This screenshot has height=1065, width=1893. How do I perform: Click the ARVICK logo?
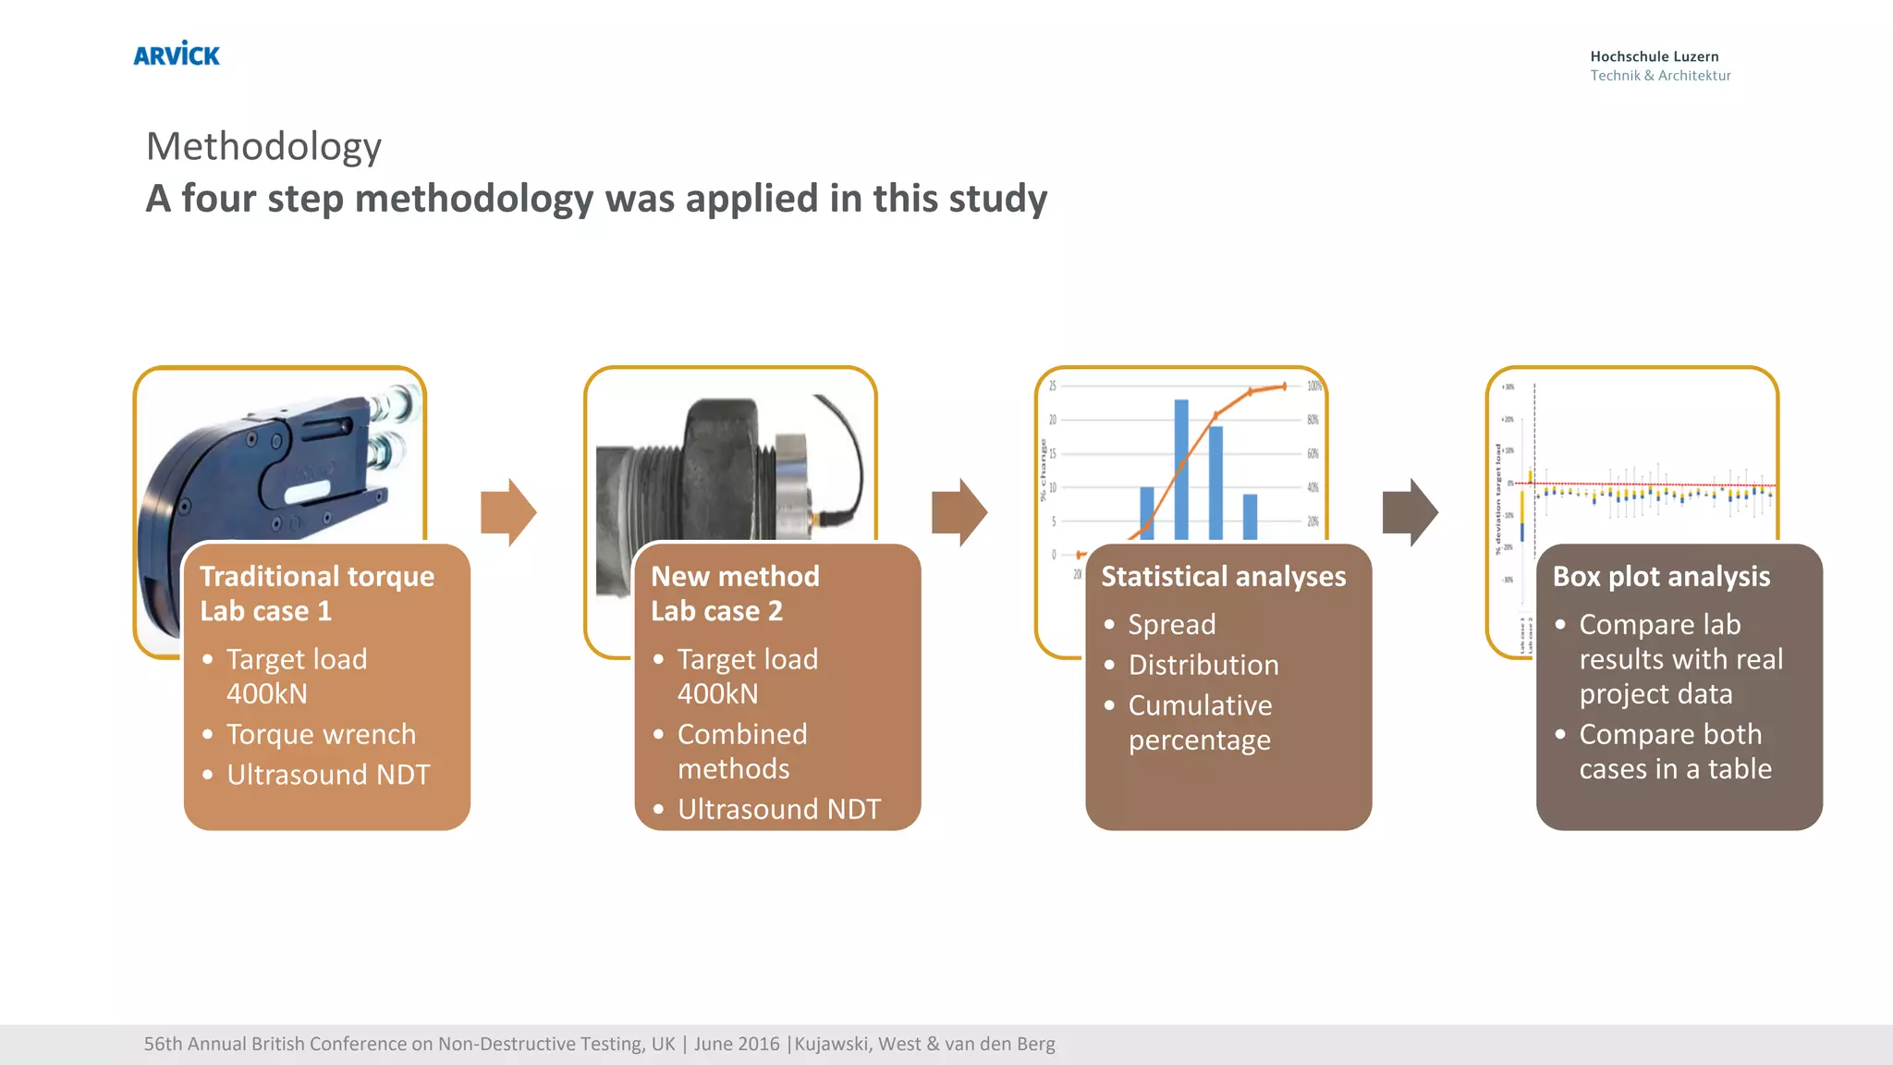177,55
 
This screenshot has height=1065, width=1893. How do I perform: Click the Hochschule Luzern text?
1654,56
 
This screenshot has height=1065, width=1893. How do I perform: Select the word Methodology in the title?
264,146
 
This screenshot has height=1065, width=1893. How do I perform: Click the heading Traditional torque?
317,576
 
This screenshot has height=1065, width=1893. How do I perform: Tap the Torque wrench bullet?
321,734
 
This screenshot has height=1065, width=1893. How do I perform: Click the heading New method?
735,576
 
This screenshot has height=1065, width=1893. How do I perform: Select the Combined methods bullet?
742,751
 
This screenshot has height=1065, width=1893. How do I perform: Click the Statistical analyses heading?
1223,576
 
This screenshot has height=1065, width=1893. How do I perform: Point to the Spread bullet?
1171,624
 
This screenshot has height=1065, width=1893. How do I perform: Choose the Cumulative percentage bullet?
1200,722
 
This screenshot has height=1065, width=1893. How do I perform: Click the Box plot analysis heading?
1661,576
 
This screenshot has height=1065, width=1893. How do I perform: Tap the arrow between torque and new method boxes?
508,512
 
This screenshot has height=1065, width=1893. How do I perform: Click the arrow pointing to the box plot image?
1410,512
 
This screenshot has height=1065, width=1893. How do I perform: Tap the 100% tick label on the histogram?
1313,386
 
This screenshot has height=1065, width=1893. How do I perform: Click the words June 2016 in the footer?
737,1044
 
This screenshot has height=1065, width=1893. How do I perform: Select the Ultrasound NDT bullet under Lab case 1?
328,775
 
